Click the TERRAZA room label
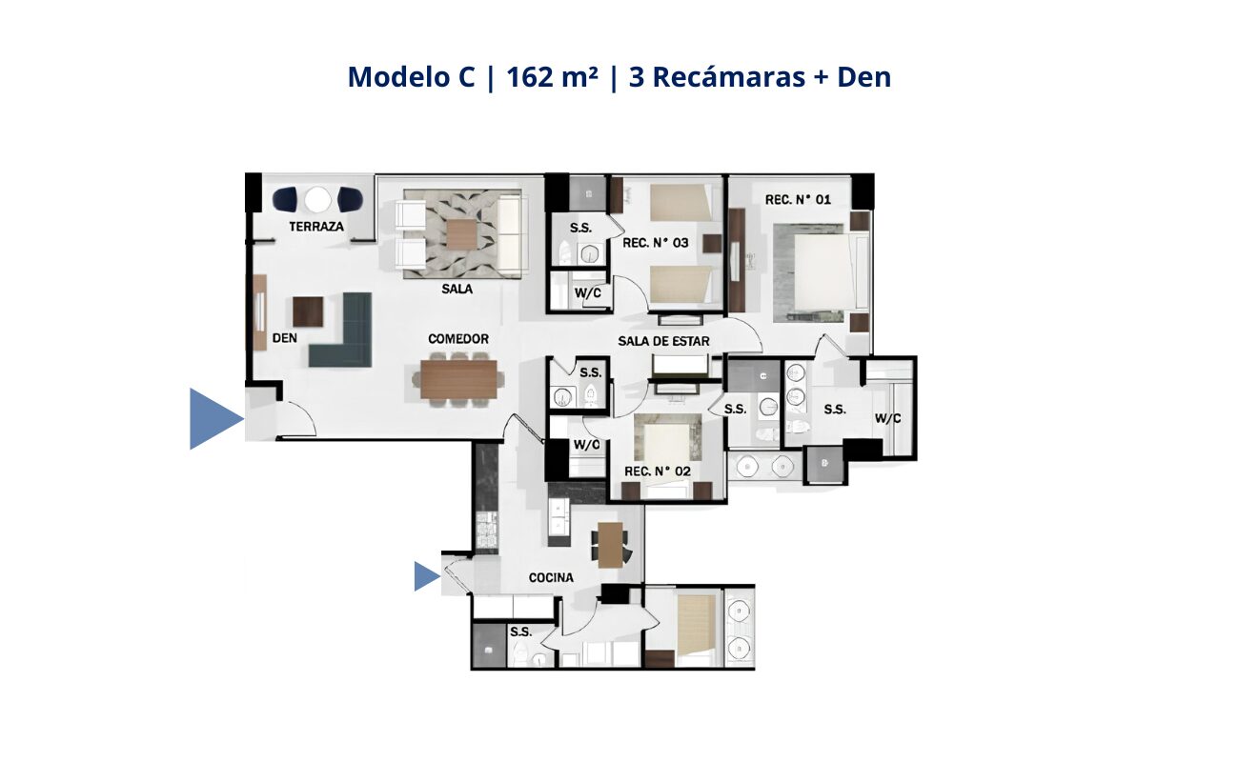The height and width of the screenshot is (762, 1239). [x=315, y=226]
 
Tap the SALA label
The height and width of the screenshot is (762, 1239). [x=457, y=288]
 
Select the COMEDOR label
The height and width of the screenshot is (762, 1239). [x=458, y=339]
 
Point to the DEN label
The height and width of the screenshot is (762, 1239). [x=284, y=338]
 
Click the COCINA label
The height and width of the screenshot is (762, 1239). [x=551, y=578]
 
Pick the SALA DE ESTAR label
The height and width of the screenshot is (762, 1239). [x=663, y=341]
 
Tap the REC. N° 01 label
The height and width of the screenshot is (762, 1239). [x=798, y=200]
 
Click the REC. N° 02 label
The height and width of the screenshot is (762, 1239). [x=657, y=471]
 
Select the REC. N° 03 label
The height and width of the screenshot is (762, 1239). [x=656, y=243]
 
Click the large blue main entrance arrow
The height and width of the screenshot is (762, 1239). [x=213, y=418]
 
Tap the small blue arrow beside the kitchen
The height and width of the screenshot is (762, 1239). [x=426, y=576]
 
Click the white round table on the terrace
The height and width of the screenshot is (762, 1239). [x=317, y=200]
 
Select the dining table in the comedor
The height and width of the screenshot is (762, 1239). [x=458, y=379]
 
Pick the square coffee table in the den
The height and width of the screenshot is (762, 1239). [x=308, y=311]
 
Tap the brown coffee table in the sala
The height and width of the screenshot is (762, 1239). [x=461, y=234]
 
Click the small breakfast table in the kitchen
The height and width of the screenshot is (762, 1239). [x=611, y=545]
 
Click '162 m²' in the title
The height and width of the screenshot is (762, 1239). [x=552, y=77]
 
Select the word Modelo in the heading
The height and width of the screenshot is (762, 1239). [x=411, y=77]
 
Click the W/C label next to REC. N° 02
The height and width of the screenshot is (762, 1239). [x=586, y=445]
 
